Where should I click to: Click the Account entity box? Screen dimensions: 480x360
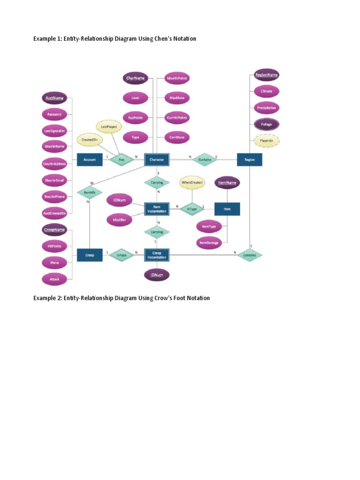[90, 159]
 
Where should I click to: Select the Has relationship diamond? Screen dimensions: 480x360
[121, 159]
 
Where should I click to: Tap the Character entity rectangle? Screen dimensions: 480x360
[157, 159]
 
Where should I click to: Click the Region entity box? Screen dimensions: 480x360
[249, 159]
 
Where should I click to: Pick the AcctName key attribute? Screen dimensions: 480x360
[55, 98]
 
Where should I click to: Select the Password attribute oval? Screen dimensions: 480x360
[55, 114]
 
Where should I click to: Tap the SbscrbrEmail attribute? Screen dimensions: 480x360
[55, 180]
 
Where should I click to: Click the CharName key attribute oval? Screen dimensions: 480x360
[135, 78]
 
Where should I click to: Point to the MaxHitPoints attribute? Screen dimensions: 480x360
[178, 78]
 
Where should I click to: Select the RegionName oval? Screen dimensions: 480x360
[266, 75]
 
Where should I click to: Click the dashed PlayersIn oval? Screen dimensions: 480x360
[266, 140]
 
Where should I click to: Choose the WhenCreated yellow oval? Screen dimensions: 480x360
[192, 182]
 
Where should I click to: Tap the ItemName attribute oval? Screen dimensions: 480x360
[227, 182]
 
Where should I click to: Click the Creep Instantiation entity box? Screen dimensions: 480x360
[157, 255]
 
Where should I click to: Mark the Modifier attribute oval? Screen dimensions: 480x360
[120, 219]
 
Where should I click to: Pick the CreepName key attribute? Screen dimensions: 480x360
[55, 230]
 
